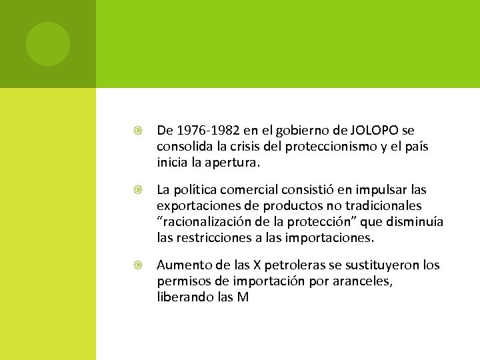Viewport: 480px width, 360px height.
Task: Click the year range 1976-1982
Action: pos(203,130)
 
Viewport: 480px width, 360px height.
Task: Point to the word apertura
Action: pos(235,162)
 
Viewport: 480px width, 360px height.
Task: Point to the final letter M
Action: pos(243,297)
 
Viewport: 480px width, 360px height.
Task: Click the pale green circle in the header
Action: pos(48,44)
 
